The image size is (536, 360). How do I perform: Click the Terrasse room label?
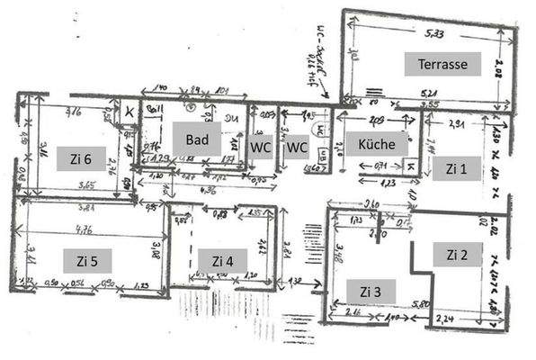click(x=442, y=65)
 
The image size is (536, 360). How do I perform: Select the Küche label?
click(x=377, y=145)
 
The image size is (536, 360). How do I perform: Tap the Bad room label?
click(x=197, y=139)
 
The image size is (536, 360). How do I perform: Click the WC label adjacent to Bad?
click(x=261, y=147)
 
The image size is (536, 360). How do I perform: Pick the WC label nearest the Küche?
click(x=297, y=147)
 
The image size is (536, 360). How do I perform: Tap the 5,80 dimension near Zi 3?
click(x=419, y=305)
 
